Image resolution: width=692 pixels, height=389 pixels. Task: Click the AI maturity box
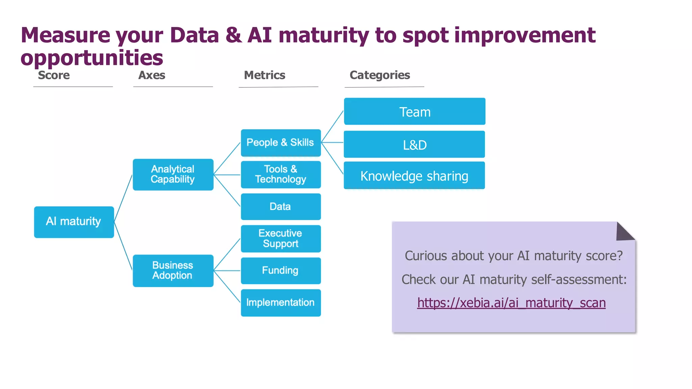tap(74, 222)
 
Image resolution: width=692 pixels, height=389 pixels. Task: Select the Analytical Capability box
tap(173, 174)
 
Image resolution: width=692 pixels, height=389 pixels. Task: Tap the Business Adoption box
tap(173, 270)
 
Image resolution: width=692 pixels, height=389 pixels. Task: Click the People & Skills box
tap(280, 142)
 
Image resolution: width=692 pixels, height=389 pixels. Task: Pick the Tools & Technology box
tap(280, 174)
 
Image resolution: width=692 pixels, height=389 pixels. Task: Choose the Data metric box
tap(280, 206)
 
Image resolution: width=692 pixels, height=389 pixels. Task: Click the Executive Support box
tap(280, 238)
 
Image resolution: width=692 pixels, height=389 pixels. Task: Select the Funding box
tap(280, 270)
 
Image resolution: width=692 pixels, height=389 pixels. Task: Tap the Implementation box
tap(280, 303)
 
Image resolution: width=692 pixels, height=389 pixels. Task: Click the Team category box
tap(415, 111)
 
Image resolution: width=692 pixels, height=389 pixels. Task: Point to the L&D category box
tap(414, 145)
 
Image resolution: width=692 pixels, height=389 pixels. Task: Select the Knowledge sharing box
tap(414, 176)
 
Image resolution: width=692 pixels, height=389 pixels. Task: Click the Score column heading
tap(54, 75)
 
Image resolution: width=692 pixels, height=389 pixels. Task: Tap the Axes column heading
tap(152, 75)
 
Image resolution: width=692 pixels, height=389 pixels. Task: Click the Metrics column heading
tap(265, 75)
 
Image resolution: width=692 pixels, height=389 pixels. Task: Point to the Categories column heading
tap(380, 75)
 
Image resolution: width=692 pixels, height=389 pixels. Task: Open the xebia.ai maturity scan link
tap(511, 303)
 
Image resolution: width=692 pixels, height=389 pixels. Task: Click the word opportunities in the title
tap(92, 58)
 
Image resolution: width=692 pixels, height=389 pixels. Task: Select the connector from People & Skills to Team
tap(332, 127)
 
